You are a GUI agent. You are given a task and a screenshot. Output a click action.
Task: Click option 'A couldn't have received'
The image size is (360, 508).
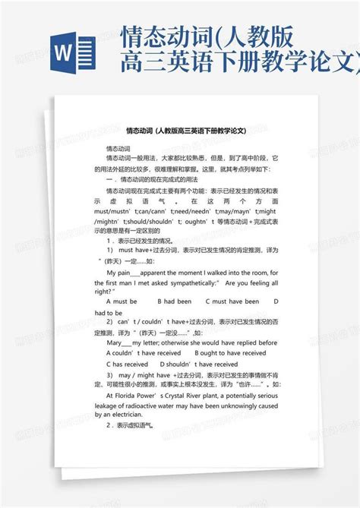point(142,352)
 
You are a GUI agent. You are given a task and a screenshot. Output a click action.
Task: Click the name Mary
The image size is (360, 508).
point(115,342)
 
